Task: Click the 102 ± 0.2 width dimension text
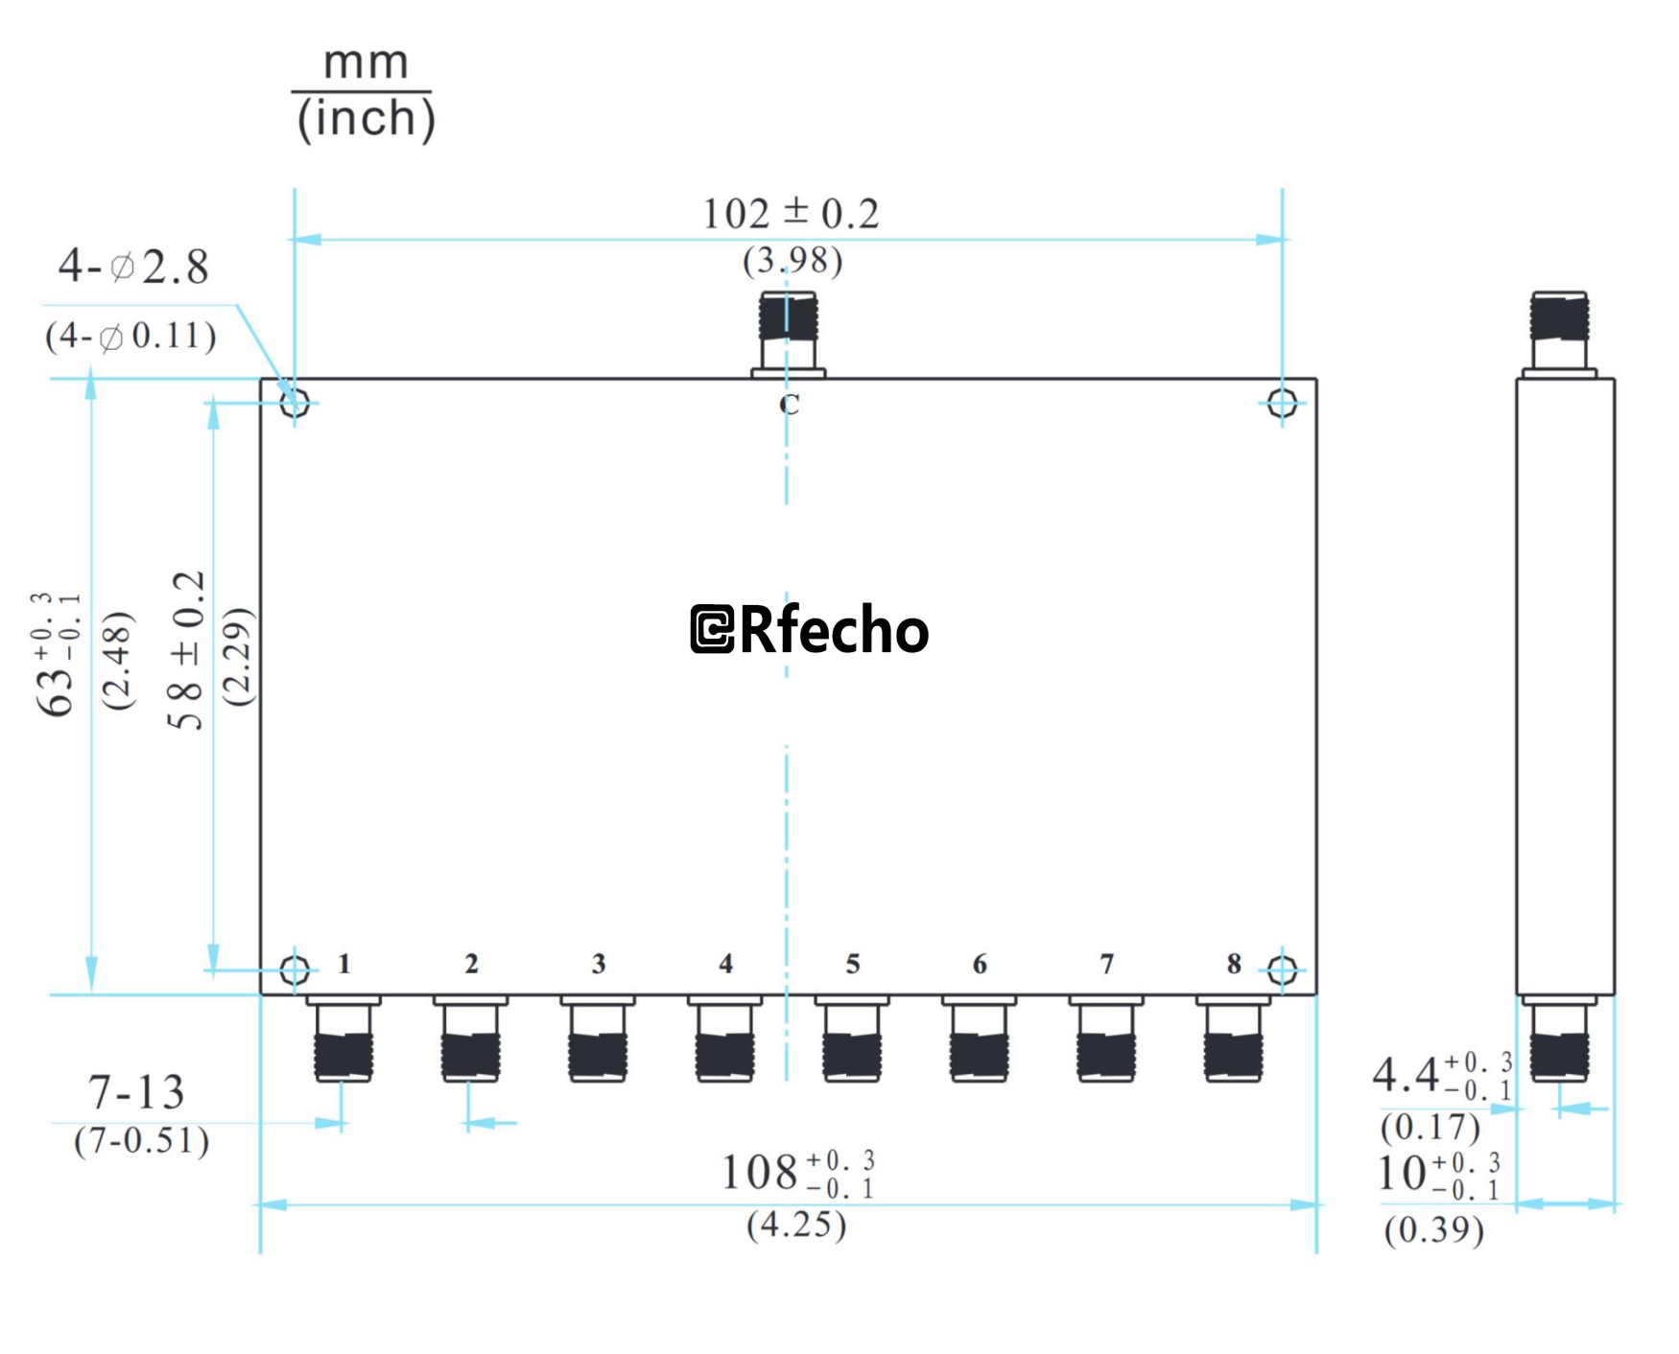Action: coord(791,214)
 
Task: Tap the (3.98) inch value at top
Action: coord(792,261)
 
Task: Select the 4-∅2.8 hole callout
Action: coord(133,267)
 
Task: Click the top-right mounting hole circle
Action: coord(1282,403)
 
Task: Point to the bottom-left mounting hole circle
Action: coord(295,970)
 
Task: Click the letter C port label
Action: coord(789,405)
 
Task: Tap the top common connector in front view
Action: coord(788,331)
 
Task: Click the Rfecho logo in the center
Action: coord(809,630)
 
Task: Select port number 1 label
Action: coord(344,964)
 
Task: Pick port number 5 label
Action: coord(852,964)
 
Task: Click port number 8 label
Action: coord(1233,964)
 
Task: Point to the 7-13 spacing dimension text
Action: coord(135,1093)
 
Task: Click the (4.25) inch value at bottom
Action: coord(796,1225)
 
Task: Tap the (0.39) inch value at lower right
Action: coord(1433,1229)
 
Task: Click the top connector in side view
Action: coord(1559,331)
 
